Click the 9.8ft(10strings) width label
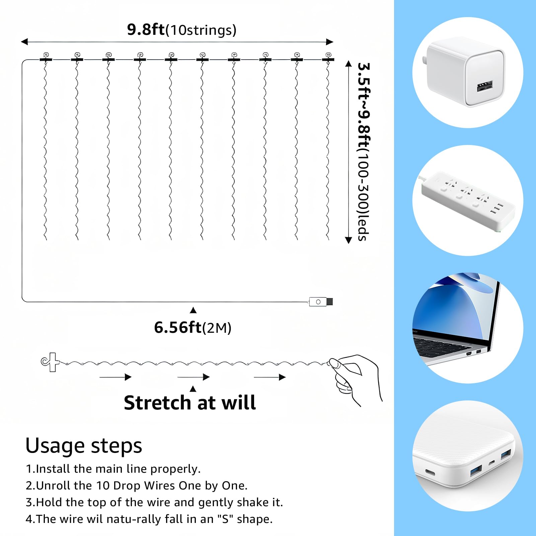(182, 30)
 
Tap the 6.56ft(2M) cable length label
(193, 327)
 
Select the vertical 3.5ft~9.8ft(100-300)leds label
(364, 151)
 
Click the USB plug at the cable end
(321, 302)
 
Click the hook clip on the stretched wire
(50, 362)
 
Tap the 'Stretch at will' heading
(190, 403)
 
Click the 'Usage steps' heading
(84, 446)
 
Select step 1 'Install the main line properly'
(113, 469)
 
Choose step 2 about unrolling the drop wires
(137, 485)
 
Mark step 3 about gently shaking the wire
(154, 502)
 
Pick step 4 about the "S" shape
(149, 519)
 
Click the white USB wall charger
(466, 72)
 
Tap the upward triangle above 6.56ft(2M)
(193, 310)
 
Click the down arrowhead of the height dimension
(349, 240)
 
